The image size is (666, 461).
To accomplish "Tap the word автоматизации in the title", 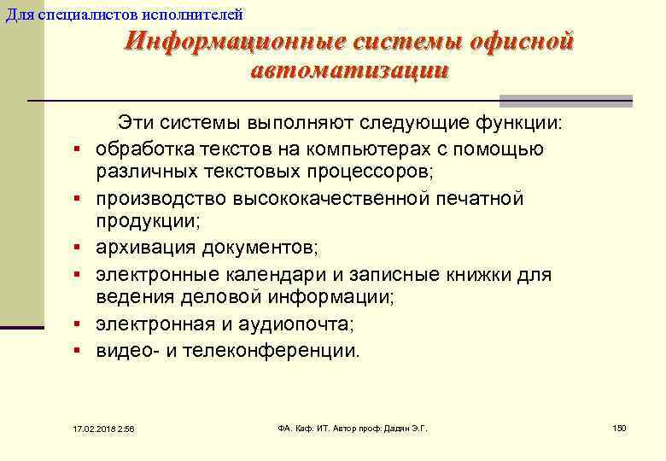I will tap(348, 70).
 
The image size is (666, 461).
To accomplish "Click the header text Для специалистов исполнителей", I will tap(124, 14).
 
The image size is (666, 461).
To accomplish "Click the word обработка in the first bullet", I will tap(139, 149).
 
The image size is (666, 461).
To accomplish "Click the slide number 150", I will tap(619, 427).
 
